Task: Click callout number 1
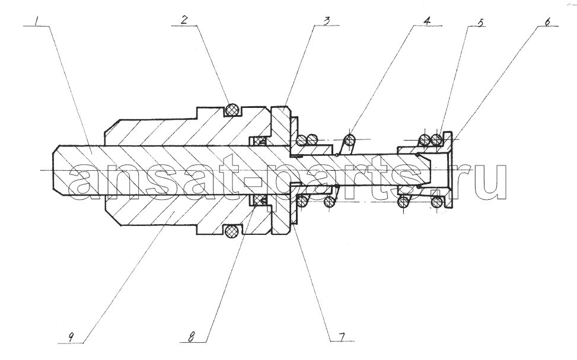pos(36,20)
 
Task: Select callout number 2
pos(184,20)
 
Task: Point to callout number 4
pos(426,21)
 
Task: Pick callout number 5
pos(480,22)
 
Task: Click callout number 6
pos(547,21)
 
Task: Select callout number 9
pos(71,336)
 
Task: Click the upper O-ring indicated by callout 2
pos(232,109)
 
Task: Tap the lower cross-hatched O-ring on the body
pos(232,231)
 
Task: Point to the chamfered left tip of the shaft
pos(56,168)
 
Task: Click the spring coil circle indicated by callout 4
pos(350,140)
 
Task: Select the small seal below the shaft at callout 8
pos(260,200)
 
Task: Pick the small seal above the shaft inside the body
pos(260,141)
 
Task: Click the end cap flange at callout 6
pos(448,170)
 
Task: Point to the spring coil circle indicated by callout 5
pos(436,139)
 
